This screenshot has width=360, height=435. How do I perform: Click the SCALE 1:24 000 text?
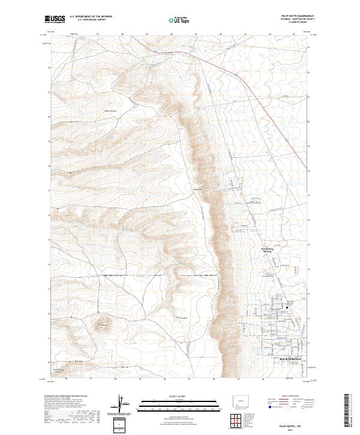pyautogui.click(x=173, y=395)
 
